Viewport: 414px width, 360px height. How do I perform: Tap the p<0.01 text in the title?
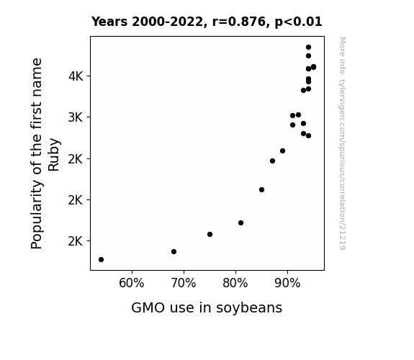pyautogui.click(x=298, y=22)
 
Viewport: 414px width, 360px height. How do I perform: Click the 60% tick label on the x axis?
pyautogui.click(x=132, y=283)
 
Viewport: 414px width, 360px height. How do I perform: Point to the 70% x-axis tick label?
pyautogui.click(x=184, y=283)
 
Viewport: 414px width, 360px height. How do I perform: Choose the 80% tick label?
pyautogui.click(x=235, y=283)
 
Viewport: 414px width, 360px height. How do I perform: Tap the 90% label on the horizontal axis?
pyautogui.click(x=287, y=283)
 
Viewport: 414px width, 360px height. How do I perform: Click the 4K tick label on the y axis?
pyautogui.click(x=76, y=76)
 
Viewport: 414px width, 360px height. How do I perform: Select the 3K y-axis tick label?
pyautogui.click(x=76, y=117)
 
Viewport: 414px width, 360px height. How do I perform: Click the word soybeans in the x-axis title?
pyautogui.click(x=249, y=308)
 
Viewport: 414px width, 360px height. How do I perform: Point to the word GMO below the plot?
pyautogui.click(x=148, y=307)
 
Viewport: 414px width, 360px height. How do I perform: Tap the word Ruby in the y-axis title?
pyautogui.click(x=54, y=154)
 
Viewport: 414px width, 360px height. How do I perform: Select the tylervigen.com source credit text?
pyautogui.click(x=342, y=143)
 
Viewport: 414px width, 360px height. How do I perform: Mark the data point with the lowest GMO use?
pyautogui.click(x=101, y=260)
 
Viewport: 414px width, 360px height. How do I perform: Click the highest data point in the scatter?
pyautogui.click(x=308, y=48)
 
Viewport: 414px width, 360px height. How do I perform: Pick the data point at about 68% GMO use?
pyautogui.click(x=174, y=252)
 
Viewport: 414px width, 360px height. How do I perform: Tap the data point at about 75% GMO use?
pyautogui.click(x=210, y=234)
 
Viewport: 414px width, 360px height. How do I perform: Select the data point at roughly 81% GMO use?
pyautogui.click(x=240, y=223)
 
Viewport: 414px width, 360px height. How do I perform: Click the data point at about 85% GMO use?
pyautogui.click(x=261, y=189)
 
